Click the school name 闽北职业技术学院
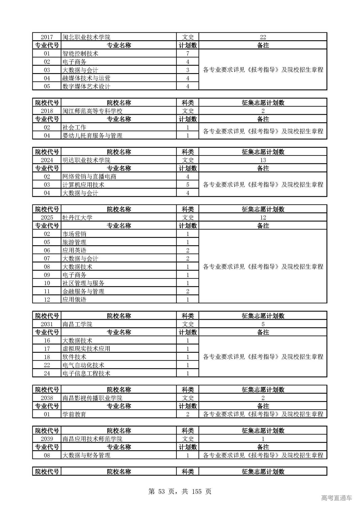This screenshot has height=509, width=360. click(86, 37)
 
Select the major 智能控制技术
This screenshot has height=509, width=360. click(80, 53)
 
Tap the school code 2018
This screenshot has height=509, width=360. click(47, 111)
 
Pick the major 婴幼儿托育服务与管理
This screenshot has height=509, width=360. click(92, 136)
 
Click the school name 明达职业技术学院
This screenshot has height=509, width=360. click(86, 160)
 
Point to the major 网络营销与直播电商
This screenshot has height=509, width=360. click(89, 177)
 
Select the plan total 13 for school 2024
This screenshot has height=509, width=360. click(263, 160)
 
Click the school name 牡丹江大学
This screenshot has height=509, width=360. click(77, 217)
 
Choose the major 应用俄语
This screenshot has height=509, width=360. click(74, 299)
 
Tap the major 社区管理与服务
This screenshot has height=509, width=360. click(83, 283)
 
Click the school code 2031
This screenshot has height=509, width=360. click(47, 324)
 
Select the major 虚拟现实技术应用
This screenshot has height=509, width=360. click(86, 349)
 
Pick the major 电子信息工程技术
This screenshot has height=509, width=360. click(86, 373)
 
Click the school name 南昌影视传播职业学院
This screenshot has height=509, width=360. click(92, 398)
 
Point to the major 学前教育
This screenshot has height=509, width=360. click(74, 414)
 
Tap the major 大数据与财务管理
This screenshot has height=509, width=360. click(86, 455)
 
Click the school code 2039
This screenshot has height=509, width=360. click(47, 439)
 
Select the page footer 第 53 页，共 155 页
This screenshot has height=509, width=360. click(180, 491)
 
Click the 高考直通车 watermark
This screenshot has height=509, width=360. click(336, 498)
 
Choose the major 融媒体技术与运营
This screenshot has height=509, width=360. click(86, 78)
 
